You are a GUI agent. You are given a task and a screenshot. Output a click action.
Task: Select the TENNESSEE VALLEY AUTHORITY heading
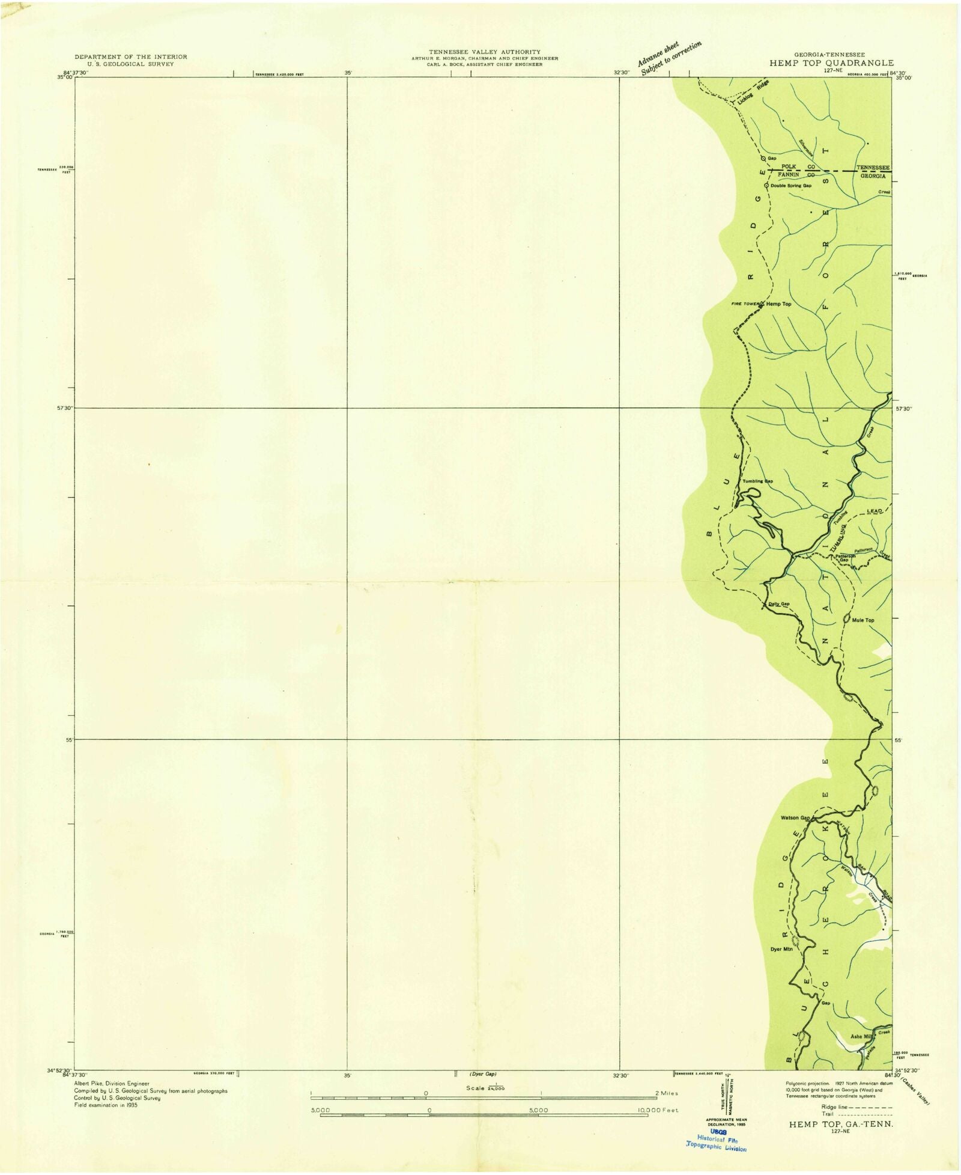[484, 52]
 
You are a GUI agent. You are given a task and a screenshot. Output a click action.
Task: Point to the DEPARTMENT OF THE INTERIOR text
[130, 56]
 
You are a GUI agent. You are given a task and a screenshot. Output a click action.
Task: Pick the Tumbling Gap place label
[757, 481]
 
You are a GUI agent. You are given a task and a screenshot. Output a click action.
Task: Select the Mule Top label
[863, 620]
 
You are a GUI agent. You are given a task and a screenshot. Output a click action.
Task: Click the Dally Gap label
[779, 604]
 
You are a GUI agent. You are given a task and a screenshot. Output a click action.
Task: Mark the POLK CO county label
[797, 166]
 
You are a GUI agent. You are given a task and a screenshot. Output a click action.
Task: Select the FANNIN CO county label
[796, 174]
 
